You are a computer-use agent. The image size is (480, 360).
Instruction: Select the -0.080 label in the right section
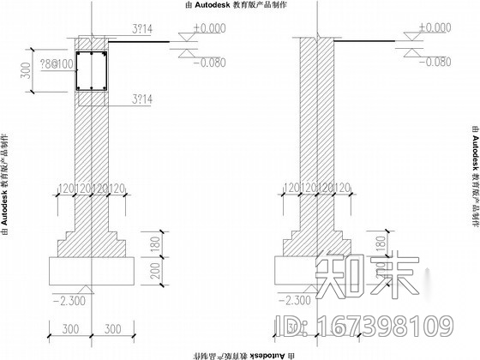[432, 63]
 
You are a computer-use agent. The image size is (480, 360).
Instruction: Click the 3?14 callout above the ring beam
[140, 30]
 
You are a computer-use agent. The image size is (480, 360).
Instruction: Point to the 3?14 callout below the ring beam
[140, 100]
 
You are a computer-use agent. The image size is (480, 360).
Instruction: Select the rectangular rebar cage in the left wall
[90, 71]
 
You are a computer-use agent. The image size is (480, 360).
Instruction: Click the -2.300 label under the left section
[63, 300]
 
